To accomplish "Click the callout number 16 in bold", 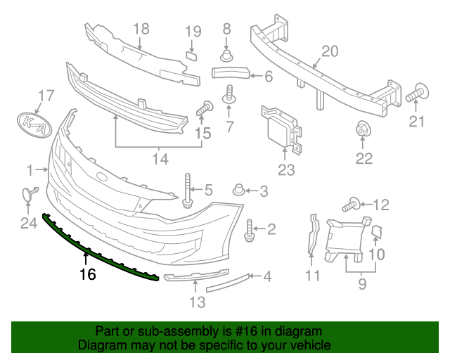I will (87, 274).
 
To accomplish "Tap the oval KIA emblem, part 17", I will (35, 124).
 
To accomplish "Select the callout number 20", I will (330, 51).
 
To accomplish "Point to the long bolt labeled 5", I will (188, 191).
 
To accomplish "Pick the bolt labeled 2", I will (250, 229).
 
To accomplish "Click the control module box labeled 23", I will (282, 129).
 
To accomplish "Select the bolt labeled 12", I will (352, 205).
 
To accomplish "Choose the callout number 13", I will (198, 302).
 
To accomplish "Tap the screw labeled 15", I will (205, 108).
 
